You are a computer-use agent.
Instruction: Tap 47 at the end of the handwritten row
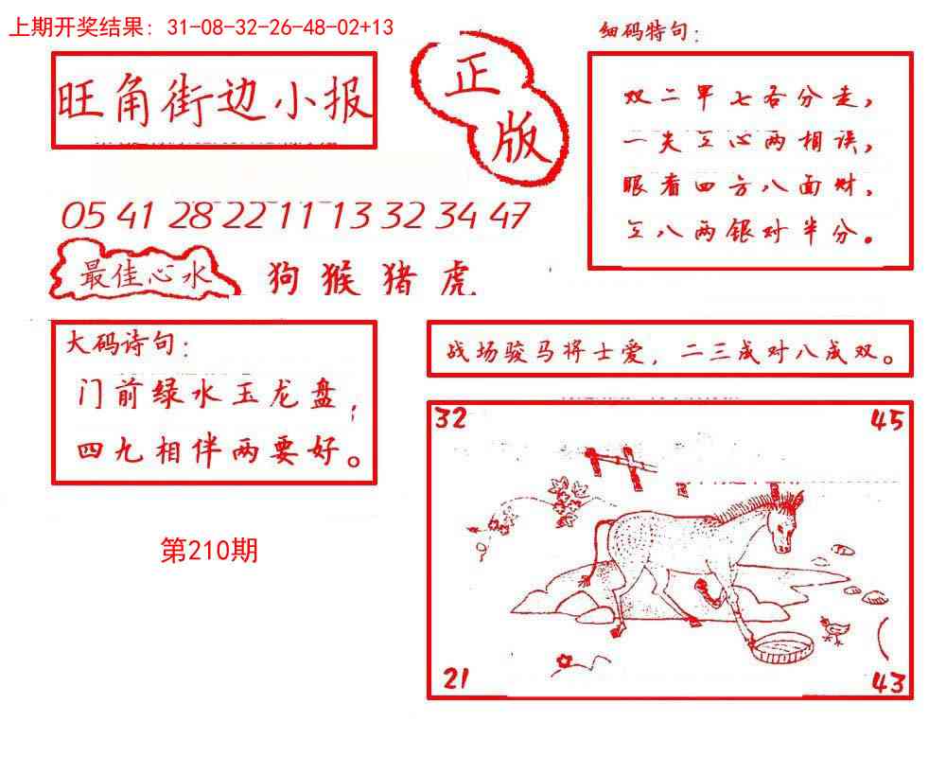click(x=508, y=216)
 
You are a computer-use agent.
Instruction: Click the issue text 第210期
click(x=209, y=551)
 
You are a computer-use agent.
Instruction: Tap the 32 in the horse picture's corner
click(x=450, y=418)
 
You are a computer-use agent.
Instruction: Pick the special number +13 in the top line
click(x=377, y=27)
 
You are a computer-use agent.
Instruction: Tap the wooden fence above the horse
click(x=620, y=466)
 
